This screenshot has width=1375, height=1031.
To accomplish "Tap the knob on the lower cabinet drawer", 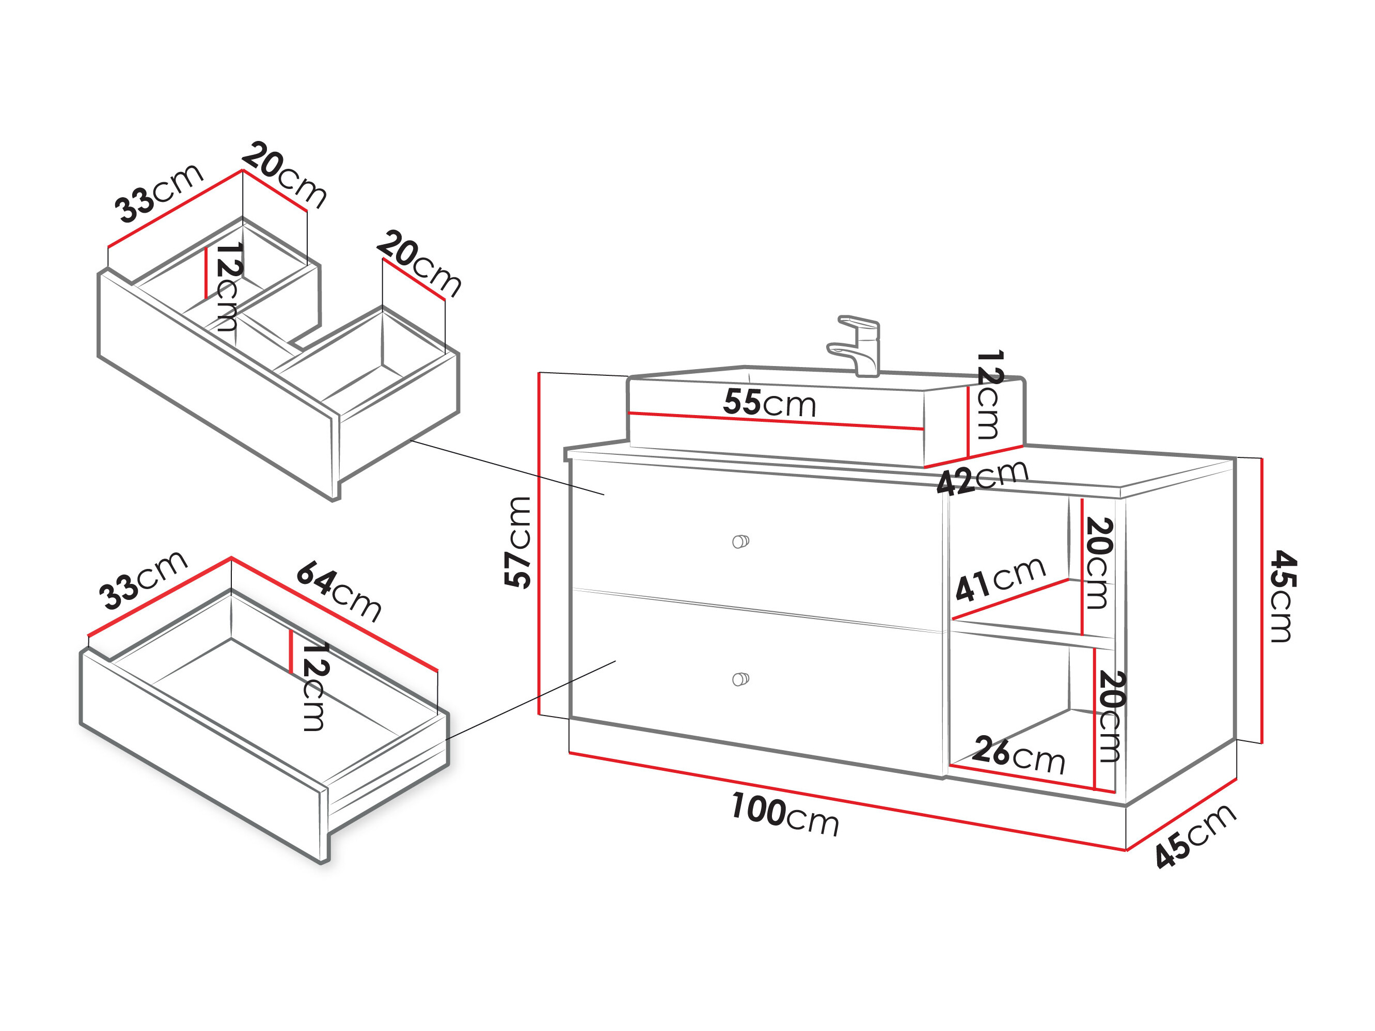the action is (740, 679).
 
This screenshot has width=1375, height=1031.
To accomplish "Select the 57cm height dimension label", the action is (517, 543).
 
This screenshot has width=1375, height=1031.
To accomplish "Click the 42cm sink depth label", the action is (982, 477).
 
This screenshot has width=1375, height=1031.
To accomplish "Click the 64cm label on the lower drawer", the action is (339, 592).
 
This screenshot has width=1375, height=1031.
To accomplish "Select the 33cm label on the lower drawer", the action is (143, 580).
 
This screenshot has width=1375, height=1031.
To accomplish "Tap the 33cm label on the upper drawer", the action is (159, 193).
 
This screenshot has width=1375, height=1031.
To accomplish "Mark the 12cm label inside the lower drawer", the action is (314, 686).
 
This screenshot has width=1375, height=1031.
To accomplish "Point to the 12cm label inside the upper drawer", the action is (228, 287).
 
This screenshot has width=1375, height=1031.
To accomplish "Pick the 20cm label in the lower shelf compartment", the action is (1111, 716).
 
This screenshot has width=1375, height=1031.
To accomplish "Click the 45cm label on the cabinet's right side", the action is (1282, 596).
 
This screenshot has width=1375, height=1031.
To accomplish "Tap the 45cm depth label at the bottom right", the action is (1195, 836).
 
